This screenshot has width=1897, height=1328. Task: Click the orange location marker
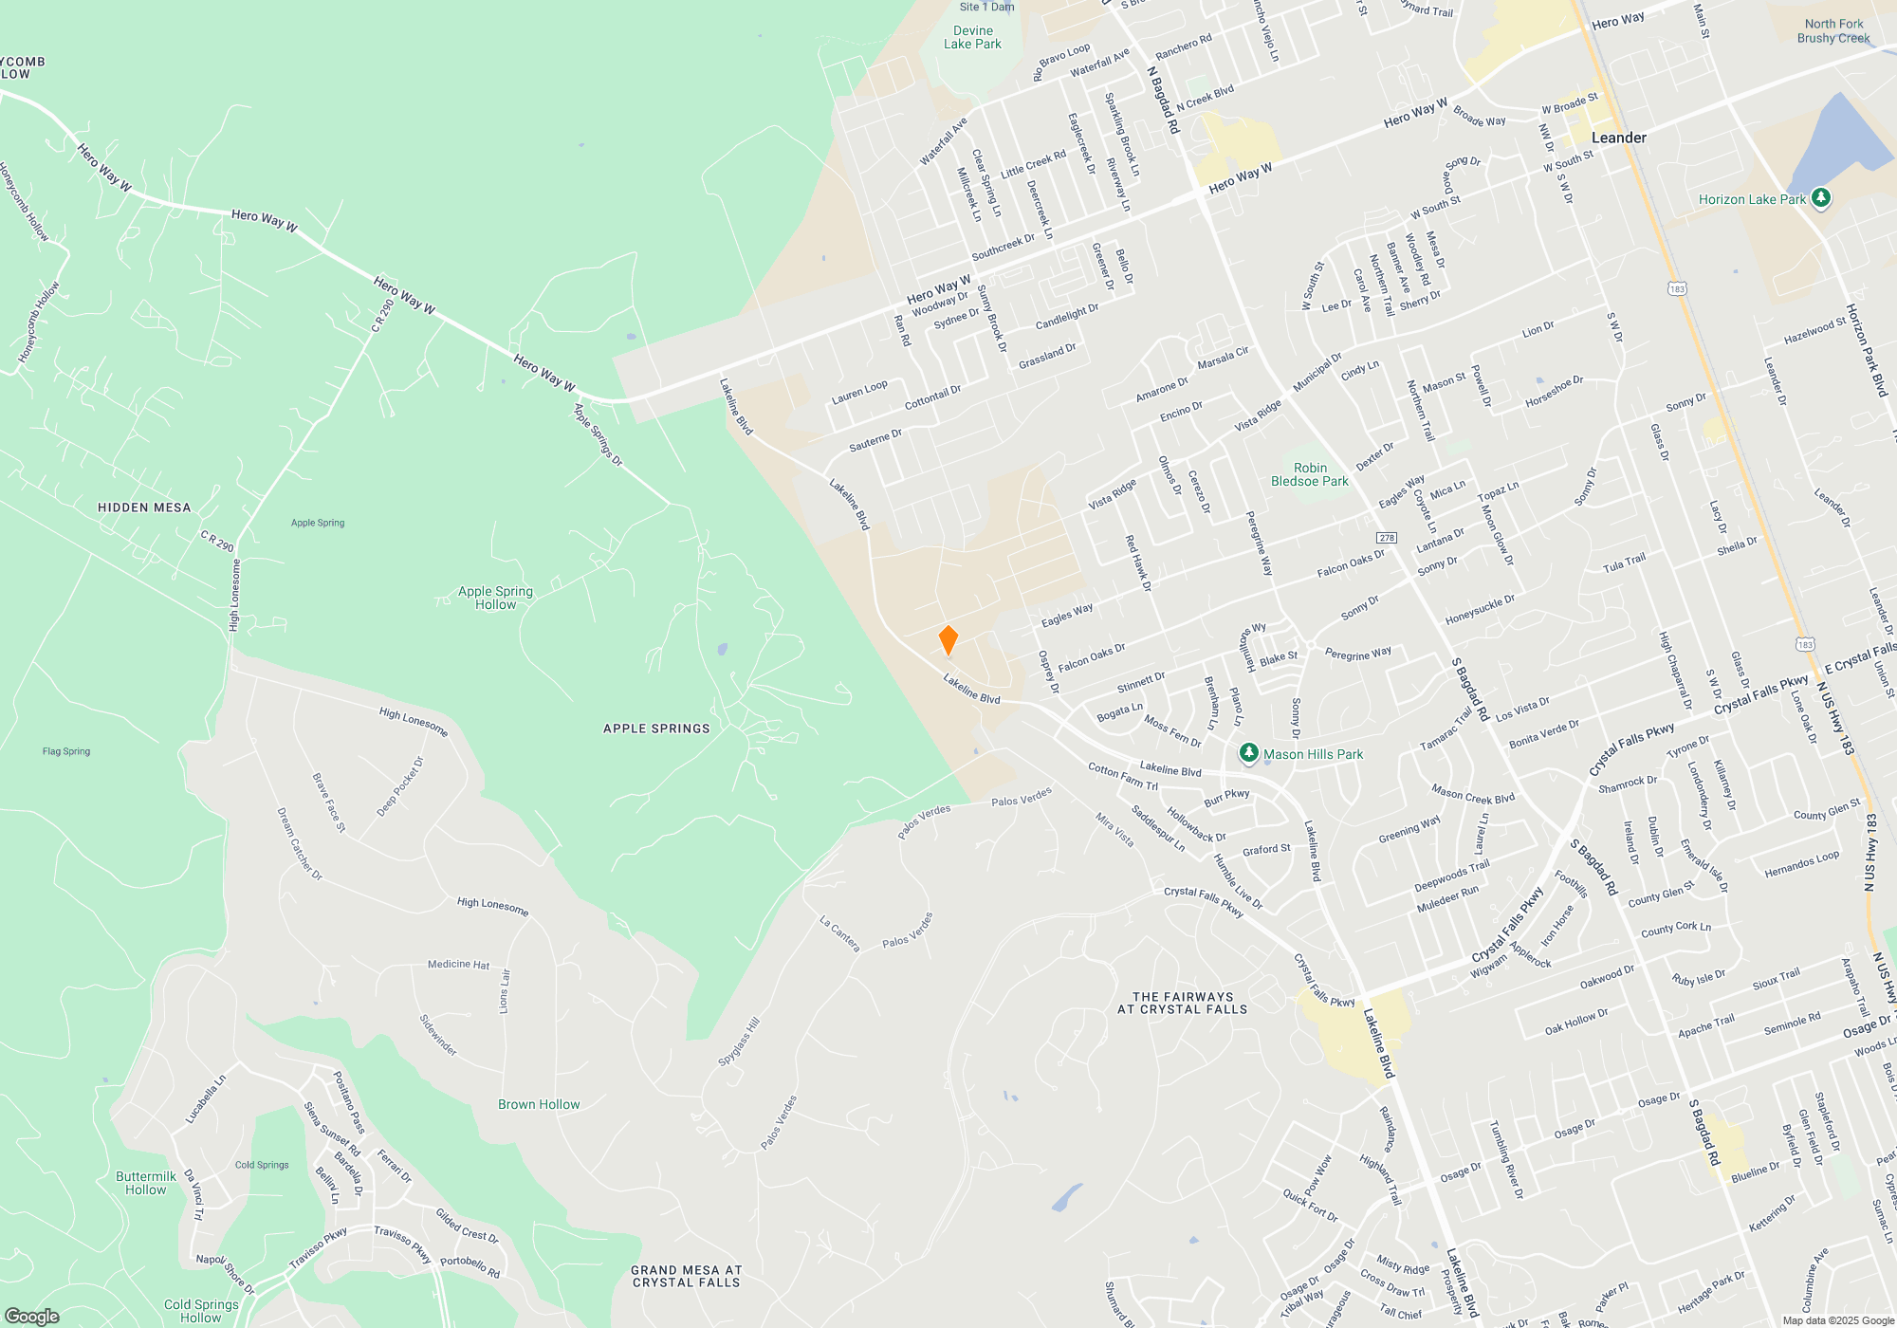pos(948,640)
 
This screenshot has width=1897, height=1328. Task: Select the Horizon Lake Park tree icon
pos(1820,198)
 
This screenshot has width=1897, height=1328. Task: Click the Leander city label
pos(1618,138)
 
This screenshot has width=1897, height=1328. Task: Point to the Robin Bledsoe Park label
pos(1309,474)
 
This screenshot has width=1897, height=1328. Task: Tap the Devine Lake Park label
pos(972,37)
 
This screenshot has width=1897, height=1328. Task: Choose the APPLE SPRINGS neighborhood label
pos(656,729)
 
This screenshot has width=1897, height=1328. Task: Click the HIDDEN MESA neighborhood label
pos(144,507)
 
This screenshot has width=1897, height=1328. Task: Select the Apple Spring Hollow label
pos(495,598)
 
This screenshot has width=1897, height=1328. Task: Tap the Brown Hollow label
pos(539,1104)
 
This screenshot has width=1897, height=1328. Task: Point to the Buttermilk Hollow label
pos(146,1183)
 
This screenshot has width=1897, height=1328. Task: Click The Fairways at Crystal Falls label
pos(1182,1003)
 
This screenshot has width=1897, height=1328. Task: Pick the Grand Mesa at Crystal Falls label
pos(686,1276)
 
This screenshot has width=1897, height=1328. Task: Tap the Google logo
pos(32,1316)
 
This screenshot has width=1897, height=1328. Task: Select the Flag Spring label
pos(66,751)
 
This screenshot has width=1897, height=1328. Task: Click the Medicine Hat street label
pos(458,964)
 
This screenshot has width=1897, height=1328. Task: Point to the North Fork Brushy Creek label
pos(1833,31)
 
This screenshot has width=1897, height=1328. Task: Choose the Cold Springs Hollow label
pos(200,1311)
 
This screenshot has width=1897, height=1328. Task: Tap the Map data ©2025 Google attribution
pos(1837,1320)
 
